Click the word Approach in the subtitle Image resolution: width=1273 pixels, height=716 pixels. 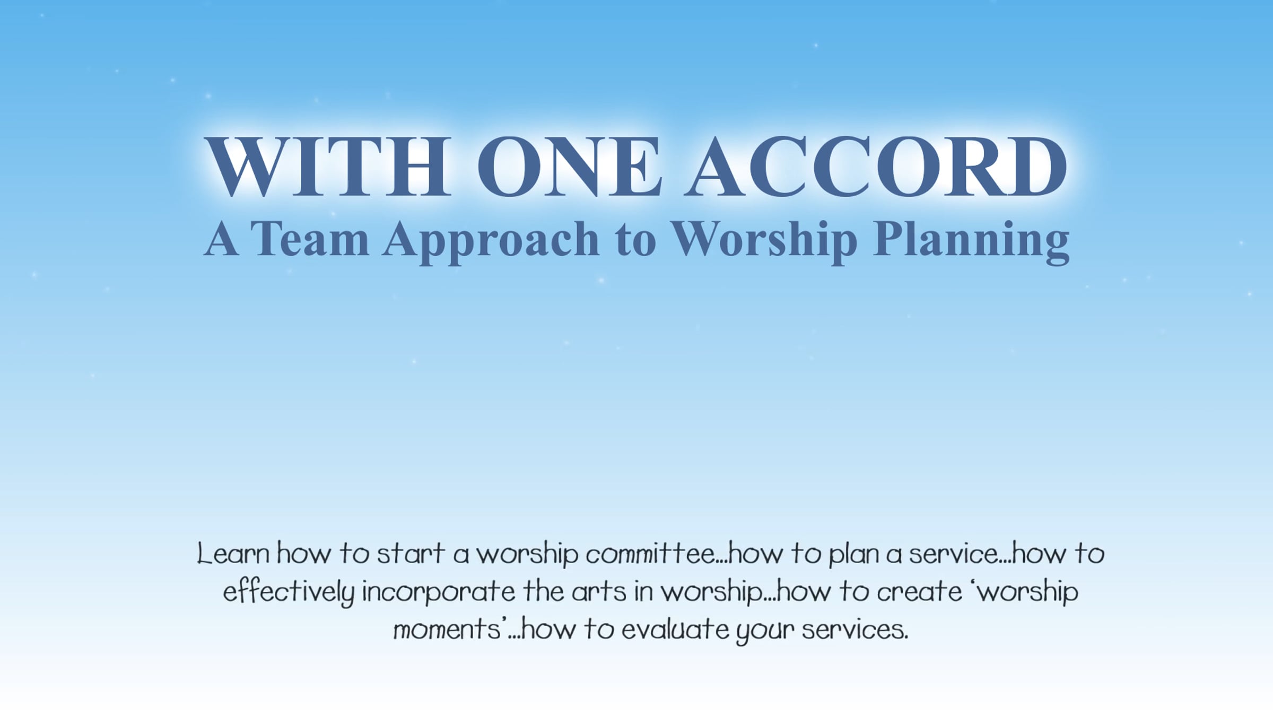tap(491, 242)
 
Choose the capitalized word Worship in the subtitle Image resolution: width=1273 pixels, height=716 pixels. tap(764, 242)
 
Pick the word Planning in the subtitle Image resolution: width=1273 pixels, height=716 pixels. tap(971, 242)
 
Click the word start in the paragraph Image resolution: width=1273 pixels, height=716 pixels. tap(411, 554)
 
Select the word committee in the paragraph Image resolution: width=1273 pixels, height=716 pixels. tap(651, 554)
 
